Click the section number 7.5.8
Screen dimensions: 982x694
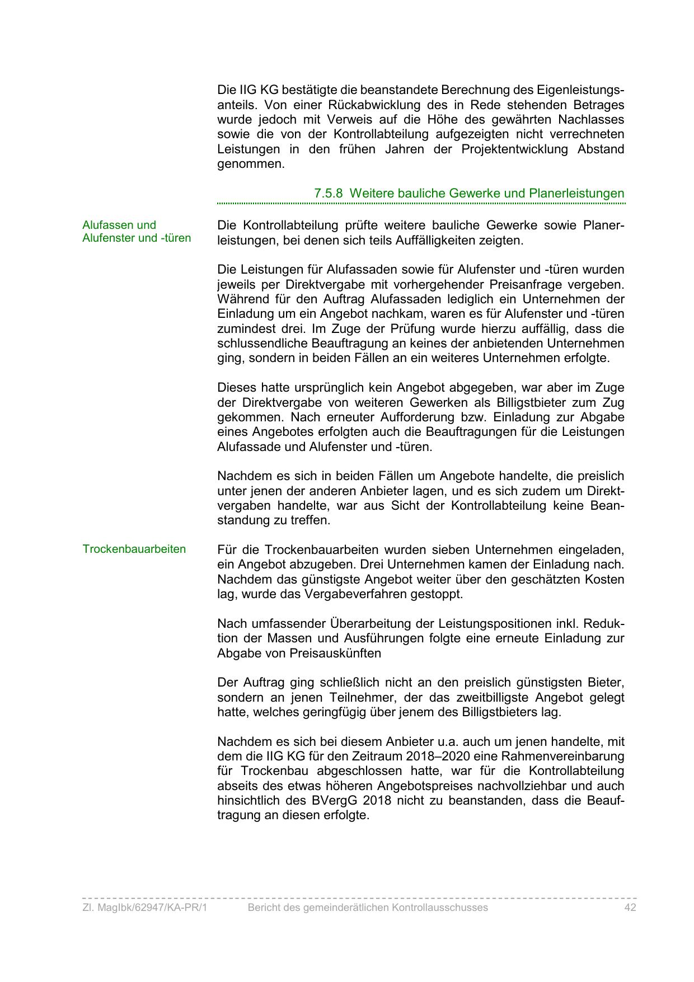coord(328,194)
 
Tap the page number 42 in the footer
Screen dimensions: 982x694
coord(630,908)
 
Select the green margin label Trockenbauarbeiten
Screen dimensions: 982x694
coord(134,549)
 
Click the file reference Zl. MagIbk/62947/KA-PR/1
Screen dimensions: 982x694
coord(144,908)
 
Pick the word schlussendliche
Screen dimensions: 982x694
coord(262,344)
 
